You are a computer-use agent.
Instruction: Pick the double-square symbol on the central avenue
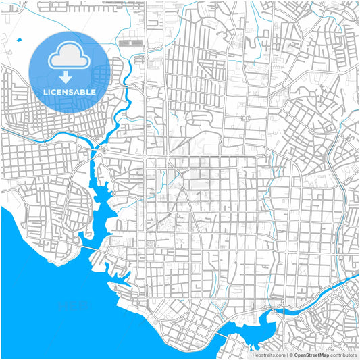tap(245, 118)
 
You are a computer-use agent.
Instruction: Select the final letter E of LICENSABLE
tap(93, 91)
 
